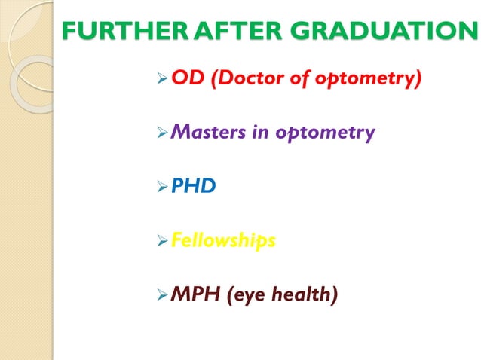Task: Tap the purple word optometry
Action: tap(325, 133)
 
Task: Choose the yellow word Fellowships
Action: tap(222, 240)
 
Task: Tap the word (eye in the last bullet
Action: tap(244, 295)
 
